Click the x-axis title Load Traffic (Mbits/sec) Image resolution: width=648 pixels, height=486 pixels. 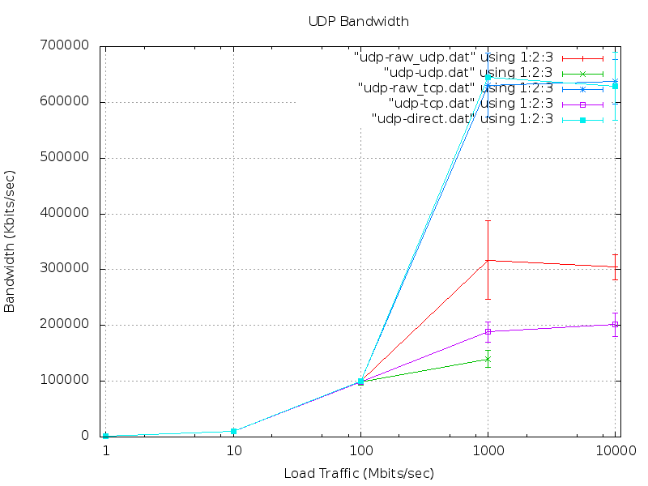pyautogui.click(x=359, y=473)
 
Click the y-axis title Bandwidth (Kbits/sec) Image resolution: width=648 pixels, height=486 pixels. pyautogui.click(x=11, y=241)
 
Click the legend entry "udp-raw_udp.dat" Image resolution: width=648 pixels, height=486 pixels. pyautogui.click(x=454, y=58)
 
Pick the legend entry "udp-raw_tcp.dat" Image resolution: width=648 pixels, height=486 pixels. pyautogui.click(x=456, y=88)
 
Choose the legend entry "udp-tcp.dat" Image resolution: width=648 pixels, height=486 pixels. pyautogui.click(x=471, y=104)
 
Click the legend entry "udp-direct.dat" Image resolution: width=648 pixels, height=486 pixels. pyautogui.click(x=462, y=119)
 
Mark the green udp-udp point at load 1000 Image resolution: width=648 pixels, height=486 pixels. pyautogui.click(x=488, y=359)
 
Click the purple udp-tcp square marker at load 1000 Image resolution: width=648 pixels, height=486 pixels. pyautogui.click(x=488, y=331)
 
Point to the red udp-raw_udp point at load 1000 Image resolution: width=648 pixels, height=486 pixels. pyautogui.click(x=488, y=260)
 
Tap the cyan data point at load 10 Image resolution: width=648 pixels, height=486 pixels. pyautogui.click(x=233, y=431)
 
